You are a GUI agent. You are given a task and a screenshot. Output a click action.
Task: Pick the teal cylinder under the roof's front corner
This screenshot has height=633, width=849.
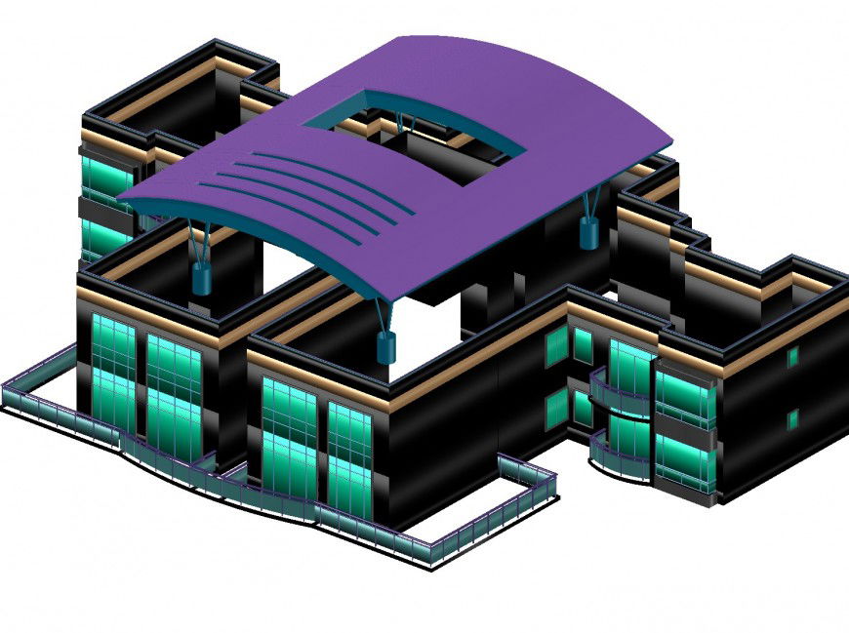384,345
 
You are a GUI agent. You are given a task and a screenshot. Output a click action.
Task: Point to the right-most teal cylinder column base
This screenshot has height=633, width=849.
588,233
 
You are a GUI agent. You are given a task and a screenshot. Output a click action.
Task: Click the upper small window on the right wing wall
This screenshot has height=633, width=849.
793,357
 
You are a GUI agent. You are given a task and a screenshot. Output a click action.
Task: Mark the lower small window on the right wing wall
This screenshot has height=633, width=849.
793,420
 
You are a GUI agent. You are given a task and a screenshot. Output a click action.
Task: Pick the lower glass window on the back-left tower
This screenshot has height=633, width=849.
105,235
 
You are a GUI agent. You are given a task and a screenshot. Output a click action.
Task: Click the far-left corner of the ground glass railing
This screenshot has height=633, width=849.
7,395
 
